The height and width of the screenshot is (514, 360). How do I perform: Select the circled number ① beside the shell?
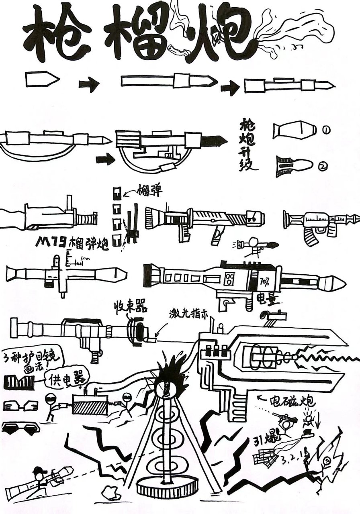tap(326, 130)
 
